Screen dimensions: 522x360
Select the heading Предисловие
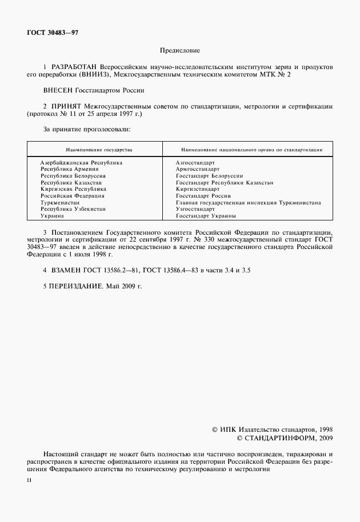[x=179, y=50]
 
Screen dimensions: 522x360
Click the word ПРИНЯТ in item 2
[x=67, y=106]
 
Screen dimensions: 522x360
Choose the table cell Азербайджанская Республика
[x=81, y=162]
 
